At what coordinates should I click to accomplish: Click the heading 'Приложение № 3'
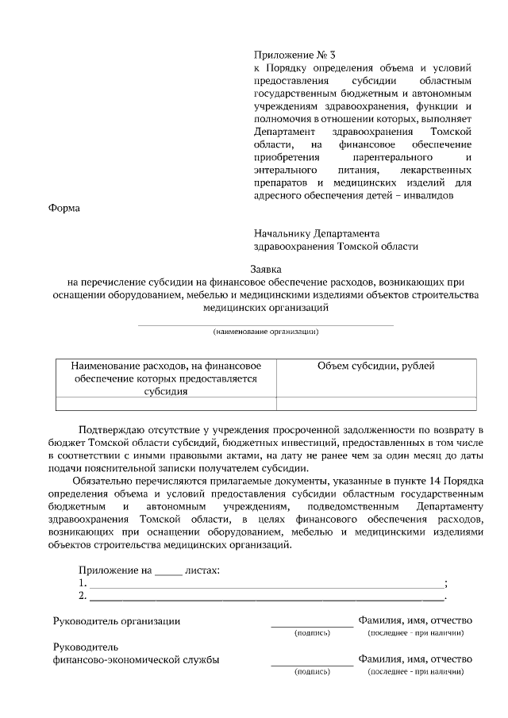pos(294,56)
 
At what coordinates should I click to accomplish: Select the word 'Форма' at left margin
pos(64,209)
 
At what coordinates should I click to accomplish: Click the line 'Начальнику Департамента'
pos(317,234)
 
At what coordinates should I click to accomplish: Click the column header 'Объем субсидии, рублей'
pos(375,366)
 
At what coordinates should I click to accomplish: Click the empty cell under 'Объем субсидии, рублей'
pos(375,403)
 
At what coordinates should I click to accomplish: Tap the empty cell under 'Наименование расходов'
pos(166,403)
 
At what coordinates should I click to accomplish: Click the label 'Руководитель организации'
pos(116,620)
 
